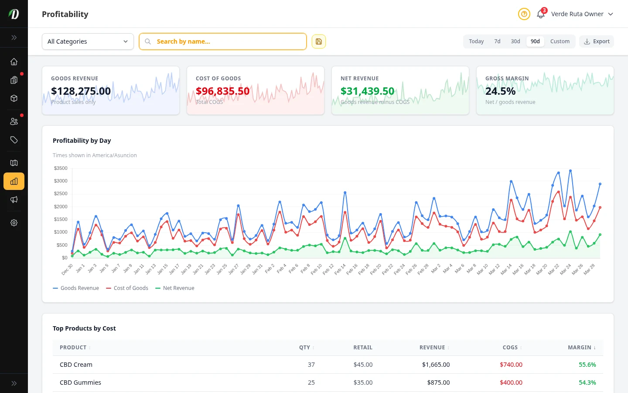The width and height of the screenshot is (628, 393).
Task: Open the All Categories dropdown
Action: (88, 41)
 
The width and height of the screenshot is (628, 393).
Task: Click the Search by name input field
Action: (227, 41)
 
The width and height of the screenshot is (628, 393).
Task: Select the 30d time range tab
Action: (515, 41)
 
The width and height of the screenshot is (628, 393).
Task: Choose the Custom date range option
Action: (560, 41)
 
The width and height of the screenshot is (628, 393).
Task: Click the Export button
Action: (597, 41)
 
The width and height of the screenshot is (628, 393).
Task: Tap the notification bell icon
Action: (540, 14)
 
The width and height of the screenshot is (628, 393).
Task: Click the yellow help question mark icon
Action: (524, 14)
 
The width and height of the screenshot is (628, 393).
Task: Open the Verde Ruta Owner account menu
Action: (582, 14)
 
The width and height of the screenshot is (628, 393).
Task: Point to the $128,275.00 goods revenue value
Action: (81, 91)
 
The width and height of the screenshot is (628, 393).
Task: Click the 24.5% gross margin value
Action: (500, 91)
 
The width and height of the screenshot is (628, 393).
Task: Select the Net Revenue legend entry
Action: (175, 288)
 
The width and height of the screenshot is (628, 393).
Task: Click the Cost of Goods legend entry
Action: (127, 288)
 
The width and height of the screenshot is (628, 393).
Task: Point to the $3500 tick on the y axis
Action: (61, 168)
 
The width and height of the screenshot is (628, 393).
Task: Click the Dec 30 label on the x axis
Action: (68, 269)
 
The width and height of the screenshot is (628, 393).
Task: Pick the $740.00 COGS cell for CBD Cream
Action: (511, 365)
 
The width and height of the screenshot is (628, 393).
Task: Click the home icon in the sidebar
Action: (14, 62)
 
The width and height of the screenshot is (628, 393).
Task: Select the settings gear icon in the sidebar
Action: (14, 223)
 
